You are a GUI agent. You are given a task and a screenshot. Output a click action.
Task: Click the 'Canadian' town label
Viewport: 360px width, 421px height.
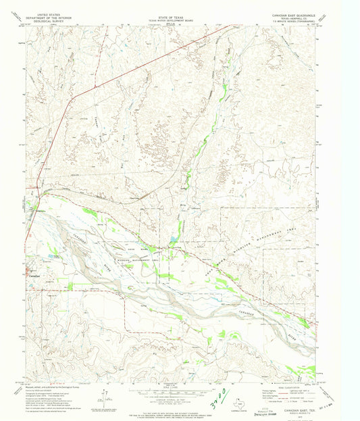click(34, 275)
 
